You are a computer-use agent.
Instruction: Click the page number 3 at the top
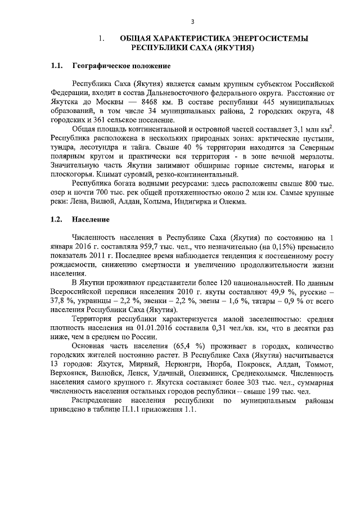pyautogui.click(x=192, y=22)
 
